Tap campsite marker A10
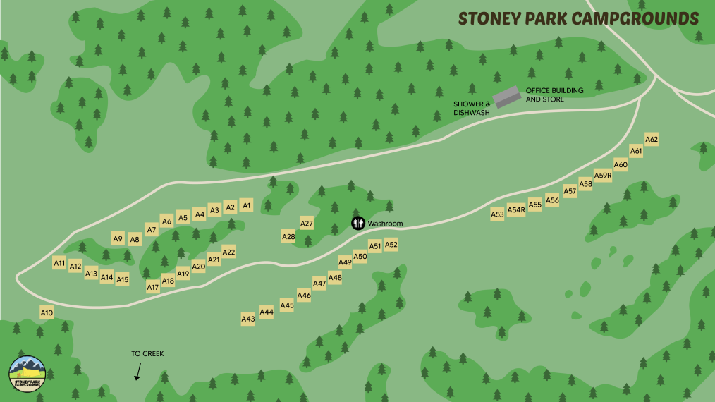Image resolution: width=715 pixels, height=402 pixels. tap(47, 312)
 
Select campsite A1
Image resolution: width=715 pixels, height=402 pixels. tap(246, 205)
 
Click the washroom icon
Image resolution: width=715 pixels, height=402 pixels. tap(359, 224)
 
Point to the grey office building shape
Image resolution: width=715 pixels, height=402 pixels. tap(506, 97)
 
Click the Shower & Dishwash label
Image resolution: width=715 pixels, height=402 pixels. tap(472, 108)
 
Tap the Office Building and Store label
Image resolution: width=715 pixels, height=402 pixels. tap(555, 95)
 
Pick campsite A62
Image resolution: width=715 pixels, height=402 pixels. tap(652, 140)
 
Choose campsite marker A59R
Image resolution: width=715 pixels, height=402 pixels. tap(603, 176)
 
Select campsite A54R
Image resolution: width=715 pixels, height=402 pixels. tap(516, 209)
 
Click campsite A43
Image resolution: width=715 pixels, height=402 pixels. tap(248, 319)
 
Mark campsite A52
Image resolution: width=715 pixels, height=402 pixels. tap(391, 245)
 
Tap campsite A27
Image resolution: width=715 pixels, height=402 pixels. tap(307, 224)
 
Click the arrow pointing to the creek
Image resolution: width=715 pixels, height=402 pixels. tap(138, 372)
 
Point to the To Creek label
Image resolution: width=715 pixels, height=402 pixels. tap(147, 354)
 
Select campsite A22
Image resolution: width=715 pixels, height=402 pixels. tap(228, 252)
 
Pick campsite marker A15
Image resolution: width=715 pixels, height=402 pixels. tap(123, 279)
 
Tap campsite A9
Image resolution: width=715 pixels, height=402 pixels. tap(118, 238)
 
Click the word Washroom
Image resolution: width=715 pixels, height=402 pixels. tap(385, 224)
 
